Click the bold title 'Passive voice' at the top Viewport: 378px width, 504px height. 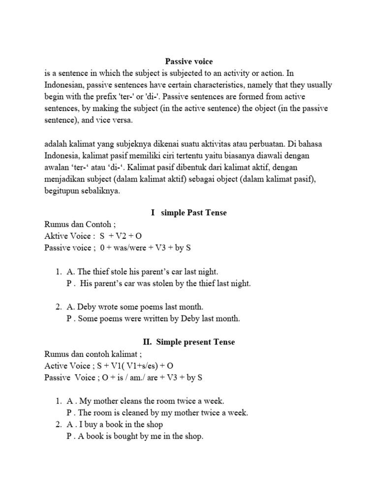pyautogui.click(x=189, y=62)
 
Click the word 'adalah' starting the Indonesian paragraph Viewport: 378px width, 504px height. pyautogui.click(x=56, y=144)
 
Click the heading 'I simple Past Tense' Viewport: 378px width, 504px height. pyautogui.click(x=189, y=213)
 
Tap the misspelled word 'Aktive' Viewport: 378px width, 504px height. pyautogui.click(x=57, y=236)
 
